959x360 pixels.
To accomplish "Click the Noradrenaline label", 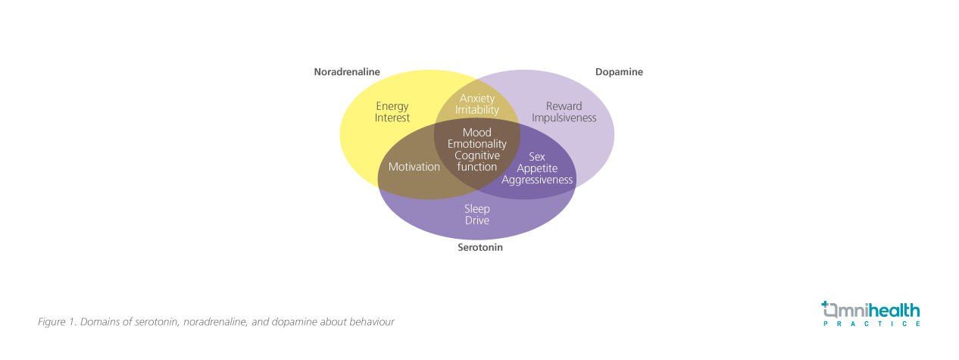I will (x=347, y=72).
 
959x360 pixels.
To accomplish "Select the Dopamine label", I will (x=619, y=72).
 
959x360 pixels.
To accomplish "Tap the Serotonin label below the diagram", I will (x=480, y=247).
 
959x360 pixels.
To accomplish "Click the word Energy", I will (x=392, y=106).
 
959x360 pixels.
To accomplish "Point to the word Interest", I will (x=392, y=118).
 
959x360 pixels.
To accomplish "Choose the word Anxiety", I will (x=477, y=99).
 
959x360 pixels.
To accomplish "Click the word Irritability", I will (x=477, y=110).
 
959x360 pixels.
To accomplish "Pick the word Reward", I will (x=564, y=106).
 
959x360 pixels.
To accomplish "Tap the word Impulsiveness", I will (x=564, y=118).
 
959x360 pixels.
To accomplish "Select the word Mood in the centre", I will (x=477, y=133).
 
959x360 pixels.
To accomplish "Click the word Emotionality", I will (x=477, y=144).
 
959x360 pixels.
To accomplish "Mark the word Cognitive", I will (x=477, y=155).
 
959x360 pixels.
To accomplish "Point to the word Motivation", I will (x=414, y=167).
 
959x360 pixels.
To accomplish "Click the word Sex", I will (x=537, y=157).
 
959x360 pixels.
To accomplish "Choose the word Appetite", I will (x=537, y=168).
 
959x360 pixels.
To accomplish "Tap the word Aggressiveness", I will (x=537, y=180).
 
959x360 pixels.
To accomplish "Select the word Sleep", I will (x=477, y=208).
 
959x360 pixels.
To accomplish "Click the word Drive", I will (x=477, y=221).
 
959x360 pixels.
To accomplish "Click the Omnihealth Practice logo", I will (x=871, y=313).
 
